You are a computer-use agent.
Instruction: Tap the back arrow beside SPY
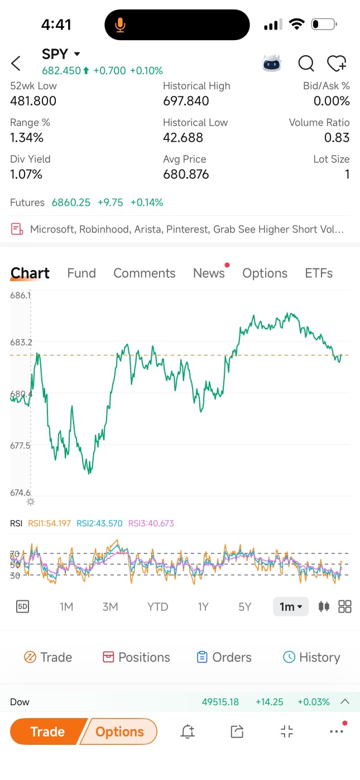point(16,64)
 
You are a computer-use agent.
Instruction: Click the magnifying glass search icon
point(306,64)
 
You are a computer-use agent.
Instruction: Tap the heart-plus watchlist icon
point(337,64)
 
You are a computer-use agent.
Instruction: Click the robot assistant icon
point(271,64)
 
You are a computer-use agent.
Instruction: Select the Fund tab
point(81,273)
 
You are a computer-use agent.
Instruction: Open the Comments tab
point(144,273)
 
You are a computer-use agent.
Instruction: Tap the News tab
point(209,273)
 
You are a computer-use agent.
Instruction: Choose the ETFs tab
point(319,273)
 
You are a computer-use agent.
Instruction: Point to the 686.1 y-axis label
point(21,295)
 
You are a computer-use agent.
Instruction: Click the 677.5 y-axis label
point(21,445)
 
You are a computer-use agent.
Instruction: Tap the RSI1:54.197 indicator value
point(49,523)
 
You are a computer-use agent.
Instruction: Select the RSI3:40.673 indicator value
point(151,523)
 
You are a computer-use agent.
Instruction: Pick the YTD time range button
point(157,607)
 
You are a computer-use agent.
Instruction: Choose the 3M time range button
point(110,607)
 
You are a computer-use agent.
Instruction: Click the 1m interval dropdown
point(291,606)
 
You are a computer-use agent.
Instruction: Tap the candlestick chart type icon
point(324,606)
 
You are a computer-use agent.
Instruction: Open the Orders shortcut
point(224,657)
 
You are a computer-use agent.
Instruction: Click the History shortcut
point(311,657)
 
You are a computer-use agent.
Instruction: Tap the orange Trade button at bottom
point(48,731)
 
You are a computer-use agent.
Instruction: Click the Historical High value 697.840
point(186,101)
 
